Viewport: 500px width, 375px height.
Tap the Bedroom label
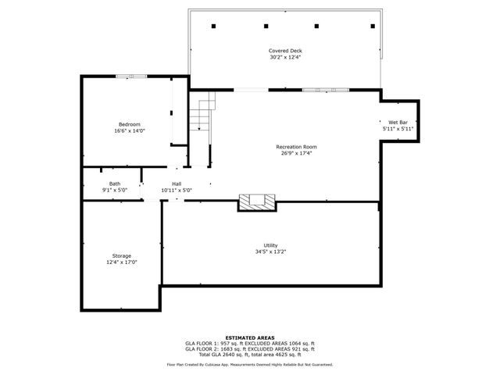[x=130, y=125]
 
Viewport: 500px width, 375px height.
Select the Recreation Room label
[x=296, y=147]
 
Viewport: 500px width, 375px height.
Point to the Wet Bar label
[x=398, y=123]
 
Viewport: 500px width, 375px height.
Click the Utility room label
[x=270, y=245]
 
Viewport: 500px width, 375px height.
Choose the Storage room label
[x=121, y=256]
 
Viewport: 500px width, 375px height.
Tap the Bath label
[x=114, y=184]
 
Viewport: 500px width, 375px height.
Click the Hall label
[x=177, y=184]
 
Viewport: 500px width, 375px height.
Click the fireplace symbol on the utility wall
[x=257, y=202]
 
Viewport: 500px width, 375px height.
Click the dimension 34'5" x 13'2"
[x=270, y=252]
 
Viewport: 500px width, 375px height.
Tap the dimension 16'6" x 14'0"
[x=130, y=131]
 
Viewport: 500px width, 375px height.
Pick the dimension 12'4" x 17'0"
[x=121, y=262]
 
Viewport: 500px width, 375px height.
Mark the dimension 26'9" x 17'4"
[x=296, y=153]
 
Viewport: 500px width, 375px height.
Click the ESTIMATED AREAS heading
[x=250, y=337]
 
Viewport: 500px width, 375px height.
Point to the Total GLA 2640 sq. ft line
[x=250, y=354]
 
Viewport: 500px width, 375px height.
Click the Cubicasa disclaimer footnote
[x=250, y=364]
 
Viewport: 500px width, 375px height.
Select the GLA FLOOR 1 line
[x=250, y=343]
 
